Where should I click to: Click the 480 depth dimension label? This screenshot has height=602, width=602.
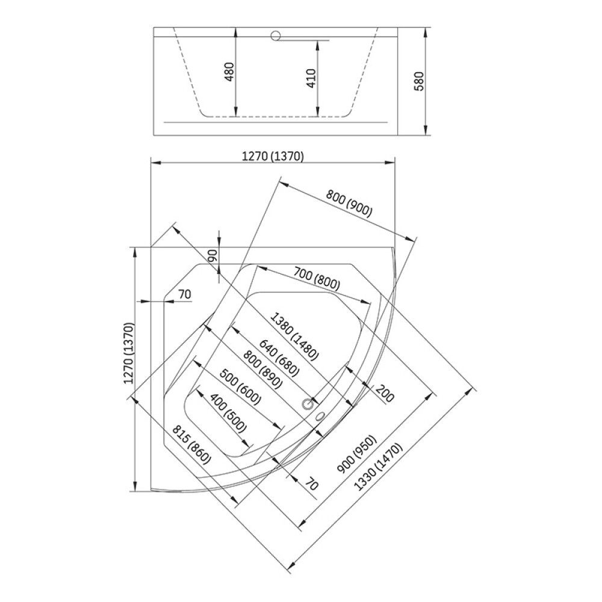tap(229, 72)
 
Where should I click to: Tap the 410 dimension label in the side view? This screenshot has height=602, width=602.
tap(311, 78)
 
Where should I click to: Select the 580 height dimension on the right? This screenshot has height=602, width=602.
tap(420, 81)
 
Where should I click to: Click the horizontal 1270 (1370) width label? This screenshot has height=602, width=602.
tap(273, 157)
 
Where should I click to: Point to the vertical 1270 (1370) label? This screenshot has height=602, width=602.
tap(129, 353)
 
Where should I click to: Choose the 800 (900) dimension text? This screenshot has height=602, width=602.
tap(349, 203)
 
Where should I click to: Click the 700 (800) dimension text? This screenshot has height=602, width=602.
tap(317, 278)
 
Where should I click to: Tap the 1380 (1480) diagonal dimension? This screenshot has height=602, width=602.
tap(295, 337)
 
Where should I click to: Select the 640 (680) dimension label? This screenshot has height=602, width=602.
tap(279, 358)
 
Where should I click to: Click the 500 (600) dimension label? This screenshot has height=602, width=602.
tap(241, 387)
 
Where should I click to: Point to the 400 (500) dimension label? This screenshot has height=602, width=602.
tap(228, 413)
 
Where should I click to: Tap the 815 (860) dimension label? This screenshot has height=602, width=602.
tap(191, 444)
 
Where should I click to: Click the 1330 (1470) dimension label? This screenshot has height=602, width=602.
tap(378, 467)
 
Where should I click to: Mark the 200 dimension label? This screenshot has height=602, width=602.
tap(384, 394)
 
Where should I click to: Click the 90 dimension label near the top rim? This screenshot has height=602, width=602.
tap(213, 255)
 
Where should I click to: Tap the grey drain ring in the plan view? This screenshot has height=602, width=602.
tap(307, 404)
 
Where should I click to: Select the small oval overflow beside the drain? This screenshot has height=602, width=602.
tap(320, 416)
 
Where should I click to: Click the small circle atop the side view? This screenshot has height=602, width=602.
tap(276, 36)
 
